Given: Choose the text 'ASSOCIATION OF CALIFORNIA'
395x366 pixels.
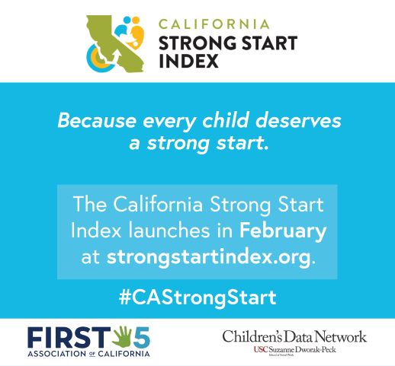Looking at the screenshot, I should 89,353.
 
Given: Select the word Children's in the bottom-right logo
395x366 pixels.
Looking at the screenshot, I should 251,336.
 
